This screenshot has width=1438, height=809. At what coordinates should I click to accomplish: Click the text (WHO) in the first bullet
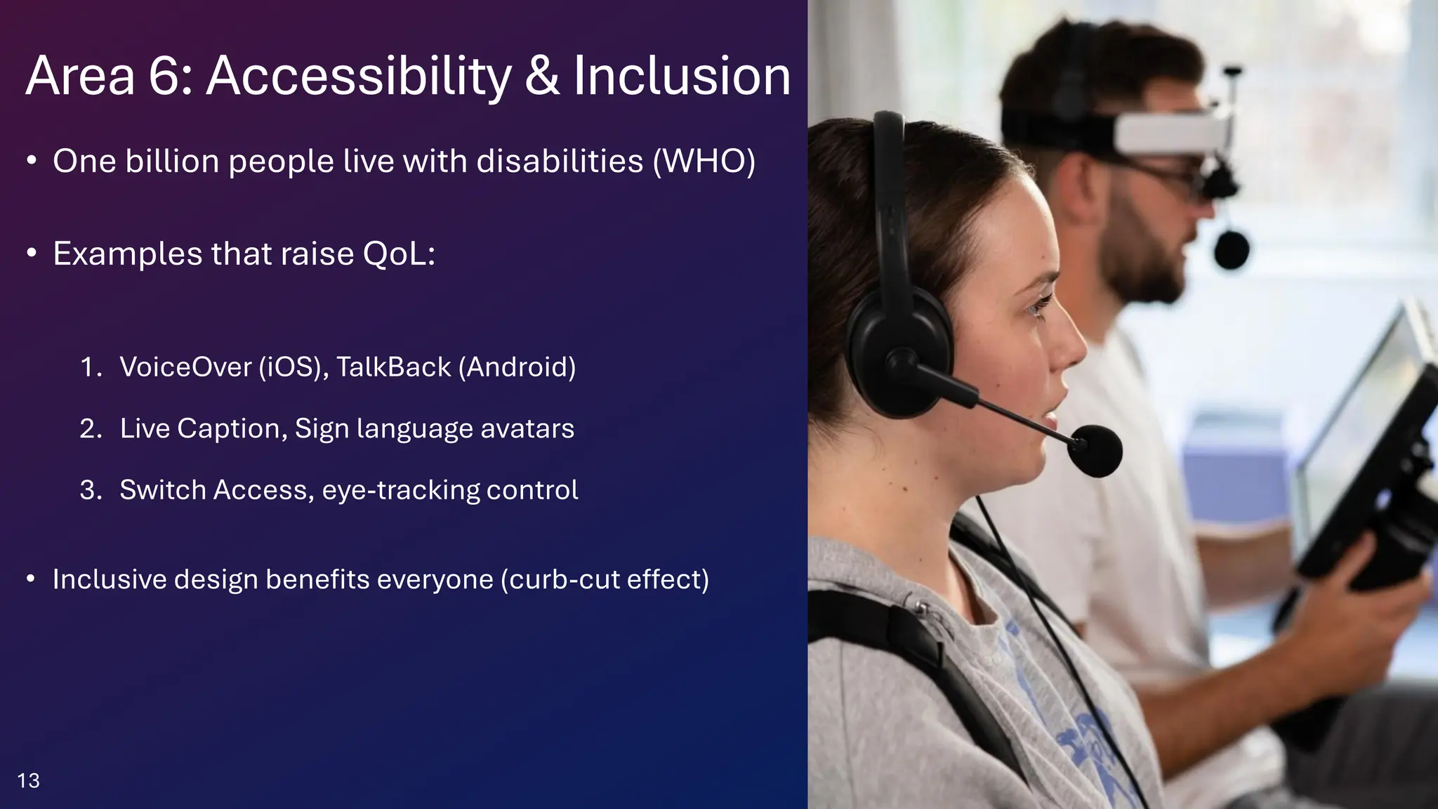pyautogui.click(x=704, y=162)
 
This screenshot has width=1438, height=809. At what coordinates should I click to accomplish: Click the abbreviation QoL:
pyautogui.click(x=399, y=254)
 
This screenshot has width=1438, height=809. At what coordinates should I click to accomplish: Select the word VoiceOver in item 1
pyautogui.click(x=185, y=367)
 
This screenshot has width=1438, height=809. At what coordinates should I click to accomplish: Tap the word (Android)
pyautogui.click(x=517, y=367)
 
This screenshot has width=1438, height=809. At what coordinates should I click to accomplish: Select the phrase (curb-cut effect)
pyautogui.click(x=605, y=580)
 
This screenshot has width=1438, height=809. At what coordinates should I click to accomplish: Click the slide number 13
pyautogui.click(x=28, y=780)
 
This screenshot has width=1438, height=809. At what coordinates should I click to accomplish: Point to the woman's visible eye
pyautogui.click(x=1039, y=305)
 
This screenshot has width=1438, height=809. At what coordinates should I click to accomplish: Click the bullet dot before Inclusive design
pyautogui.click(x=30, y=580)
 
